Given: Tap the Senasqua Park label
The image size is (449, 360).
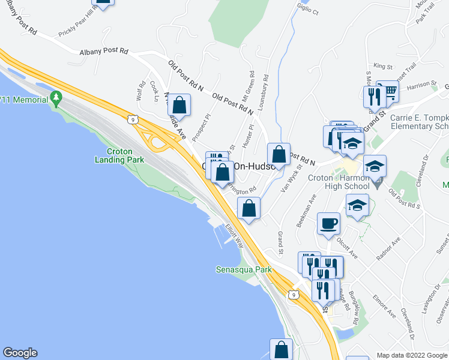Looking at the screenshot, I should (x=244, y=269).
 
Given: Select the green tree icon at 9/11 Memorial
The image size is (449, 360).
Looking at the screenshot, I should (x=56, y=96).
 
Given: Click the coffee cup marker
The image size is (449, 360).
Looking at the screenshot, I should (x=328, y=224).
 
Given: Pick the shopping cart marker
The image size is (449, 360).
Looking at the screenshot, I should (x=390, y=92).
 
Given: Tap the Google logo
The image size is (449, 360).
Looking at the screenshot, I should (x=20, y=353).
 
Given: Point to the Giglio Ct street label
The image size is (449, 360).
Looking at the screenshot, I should (x=307, y=8).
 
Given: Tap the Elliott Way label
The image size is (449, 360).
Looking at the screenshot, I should (x=235, y=236).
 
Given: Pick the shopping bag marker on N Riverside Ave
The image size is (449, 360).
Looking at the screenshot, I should (x=179, y=106).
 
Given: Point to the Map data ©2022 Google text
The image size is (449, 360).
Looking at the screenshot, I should (x=412, y=355).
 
